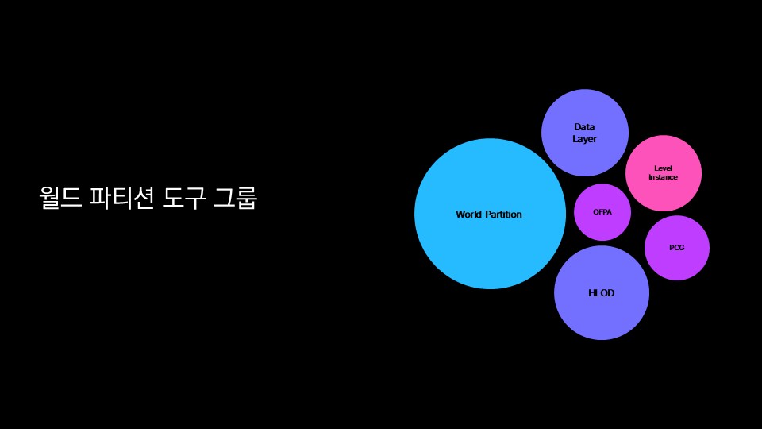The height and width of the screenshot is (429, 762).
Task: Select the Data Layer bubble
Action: click(585, 111)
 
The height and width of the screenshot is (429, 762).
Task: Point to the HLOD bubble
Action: click(602, 314)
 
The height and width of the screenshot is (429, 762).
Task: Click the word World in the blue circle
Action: click(469, 214)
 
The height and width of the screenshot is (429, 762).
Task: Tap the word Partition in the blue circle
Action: click(503, 214)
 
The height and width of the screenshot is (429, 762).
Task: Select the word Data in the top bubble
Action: click(584, 127)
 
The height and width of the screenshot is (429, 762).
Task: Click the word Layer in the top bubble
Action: click(584, 139)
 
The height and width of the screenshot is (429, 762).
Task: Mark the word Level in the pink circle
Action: click(663, 168)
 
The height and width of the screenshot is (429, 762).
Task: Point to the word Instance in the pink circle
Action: click(663, 177)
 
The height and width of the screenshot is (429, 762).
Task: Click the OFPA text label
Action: click(602, 212)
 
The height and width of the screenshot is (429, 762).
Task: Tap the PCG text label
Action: click(676, 248)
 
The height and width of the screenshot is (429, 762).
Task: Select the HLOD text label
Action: click(602, 293)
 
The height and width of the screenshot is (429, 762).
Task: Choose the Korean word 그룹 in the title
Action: click(235, 197)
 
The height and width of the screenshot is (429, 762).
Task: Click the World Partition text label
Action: click(489, 214)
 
